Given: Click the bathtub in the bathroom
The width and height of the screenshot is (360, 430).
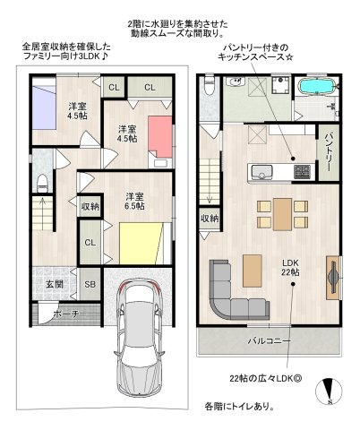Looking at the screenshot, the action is (x=317, y=87).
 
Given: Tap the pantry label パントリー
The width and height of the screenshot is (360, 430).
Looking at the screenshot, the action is (x=329, y=152).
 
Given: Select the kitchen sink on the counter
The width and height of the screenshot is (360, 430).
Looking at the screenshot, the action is (x=261, y=172).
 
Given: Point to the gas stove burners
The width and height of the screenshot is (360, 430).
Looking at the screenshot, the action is (x=303, y=172).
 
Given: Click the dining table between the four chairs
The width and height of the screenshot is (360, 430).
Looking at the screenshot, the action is (x=282, y=214).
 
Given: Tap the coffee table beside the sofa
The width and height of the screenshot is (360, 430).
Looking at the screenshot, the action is (x=253, y=271).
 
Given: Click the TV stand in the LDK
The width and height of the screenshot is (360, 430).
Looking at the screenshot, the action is (x=333, y=278).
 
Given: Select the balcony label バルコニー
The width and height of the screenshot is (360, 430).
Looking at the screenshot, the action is (x=269, y=340).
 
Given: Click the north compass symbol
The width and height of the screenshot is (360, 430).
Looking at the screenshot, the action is (x=329, y=391).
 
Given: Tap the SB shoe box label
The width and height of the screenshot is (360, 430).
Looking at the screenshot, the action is (x=90, y=284).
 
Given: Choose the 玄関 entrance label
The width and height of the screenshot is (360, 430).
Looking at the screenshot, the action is (x=55, y=284).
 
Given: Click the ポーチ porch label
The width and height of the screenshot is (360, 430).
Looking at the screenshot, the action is (x=66, y=314).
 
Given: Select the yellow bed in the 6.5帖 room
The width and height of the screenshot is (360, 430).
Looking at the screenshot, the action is (x=141, y=243).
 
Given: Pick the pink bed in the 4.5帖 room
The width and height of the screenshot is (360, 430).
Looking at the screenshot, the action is (x=160, y=137).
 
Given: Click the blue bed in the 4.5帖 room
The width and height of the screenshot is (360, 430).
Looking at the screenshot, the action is (x=44, y=107).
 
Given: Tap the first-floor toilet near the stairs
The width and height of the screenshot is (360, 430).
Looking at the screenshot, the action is (x=42, y=184).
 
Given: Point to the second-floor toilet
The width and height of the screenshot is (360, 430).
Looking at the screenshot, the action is (x=210, y=85).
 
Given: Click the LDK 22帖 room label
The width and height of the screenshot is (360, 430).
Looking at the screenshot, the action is (x=290, y=268).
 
